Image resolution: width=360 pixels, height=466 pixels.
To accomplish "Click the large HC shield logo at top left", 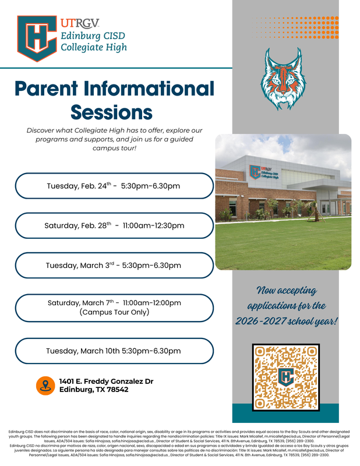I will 37,38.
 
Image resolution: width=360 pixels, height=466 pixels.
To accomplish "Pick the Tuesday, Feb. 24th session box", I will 114,186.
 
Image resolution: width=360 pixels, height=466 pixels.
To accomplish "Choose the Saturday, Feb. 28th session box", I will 114,225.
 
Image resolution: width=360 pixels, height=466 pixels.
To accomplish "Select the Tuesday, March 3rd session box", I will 114,265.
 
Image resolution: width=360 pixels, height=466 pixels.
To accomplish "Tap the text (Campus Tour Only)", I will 114,313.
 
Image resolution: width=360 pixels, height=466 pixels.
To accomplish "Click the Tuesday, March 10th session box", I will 114,351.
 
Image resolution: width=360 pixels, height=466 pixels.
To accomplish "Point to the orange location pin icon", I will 44,385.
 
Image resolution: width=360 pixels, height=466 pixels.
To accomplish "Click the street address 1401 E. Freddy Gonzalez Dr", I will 106,381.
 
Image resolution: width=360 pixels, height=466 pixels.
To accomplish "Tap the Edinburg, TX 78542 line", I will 94,390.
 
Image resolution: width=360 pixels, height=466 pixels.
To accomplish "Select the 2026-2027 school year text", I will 286,321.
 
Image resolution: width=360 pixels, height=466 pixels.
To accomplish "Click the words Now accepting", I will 285,290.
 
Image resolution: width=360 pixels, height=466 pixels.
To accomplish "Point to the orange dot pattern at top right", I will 297,26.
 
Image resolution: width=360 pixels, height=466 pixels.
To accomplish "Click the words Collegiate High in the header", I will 94,47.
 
